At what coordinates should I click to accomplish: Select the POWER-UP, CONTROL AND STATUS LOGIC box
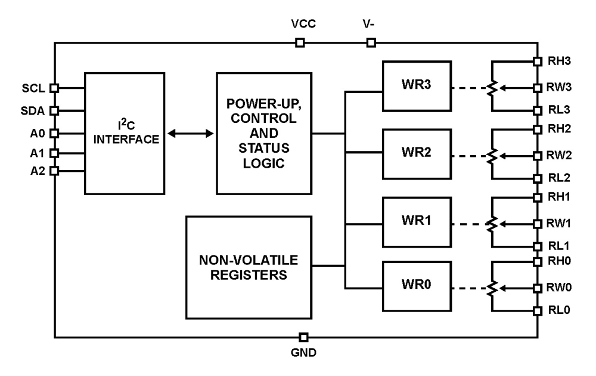coord(264,133)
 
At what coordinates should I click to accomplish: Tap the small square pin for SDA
coord(54,110)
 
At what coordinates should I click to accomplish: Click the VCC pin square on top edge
coord(300,42)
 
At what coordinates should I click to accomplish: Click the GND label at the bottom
coord(304,352)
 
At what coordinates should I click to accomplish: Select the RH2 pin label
coord(559,128)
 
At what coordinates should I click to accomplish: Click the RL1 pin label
coord(559,245)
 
